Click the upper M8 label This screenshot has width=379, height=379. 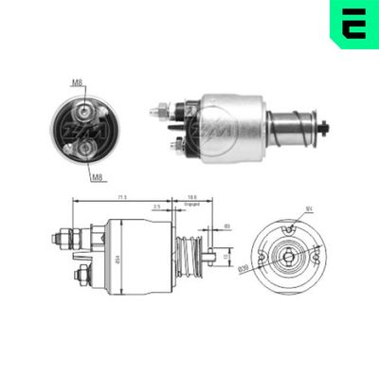77,83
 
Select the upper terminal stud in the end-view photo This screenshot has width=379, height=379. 87,107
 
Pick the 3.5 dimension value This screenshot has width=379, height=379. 156,205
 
